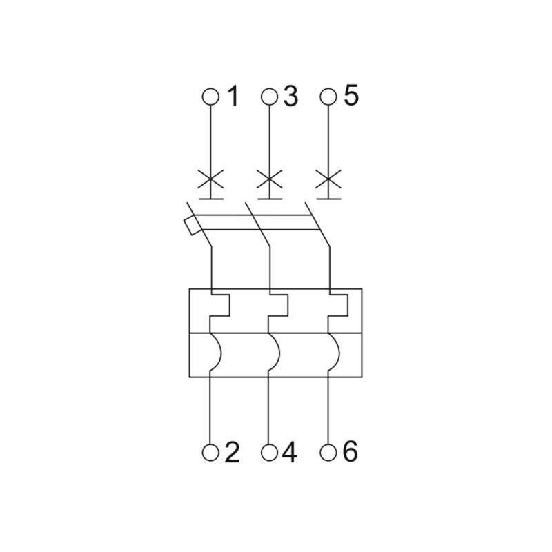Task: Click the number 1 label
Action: tap(234, 96)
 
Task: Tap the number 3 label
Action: tap(290, 96)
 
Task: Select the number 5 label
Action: tap(351, 95)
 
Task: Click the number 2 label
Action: tap(232, 452)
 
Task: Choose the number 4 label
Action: tap(289, 452)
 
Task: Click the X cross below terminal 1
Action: tap(210, 179)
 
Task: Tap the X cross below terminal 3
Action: tap(269, 179)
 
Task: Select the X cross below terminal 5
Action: tap(328, 179)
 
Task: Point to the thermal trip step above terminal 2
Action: tap(230, 305)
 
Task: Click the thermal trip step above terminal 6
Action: tap(348, 305)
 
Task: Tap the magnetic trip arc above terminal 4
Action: tap(279, 352)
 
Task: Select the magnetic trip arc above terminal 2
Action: tap(221, 352)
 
